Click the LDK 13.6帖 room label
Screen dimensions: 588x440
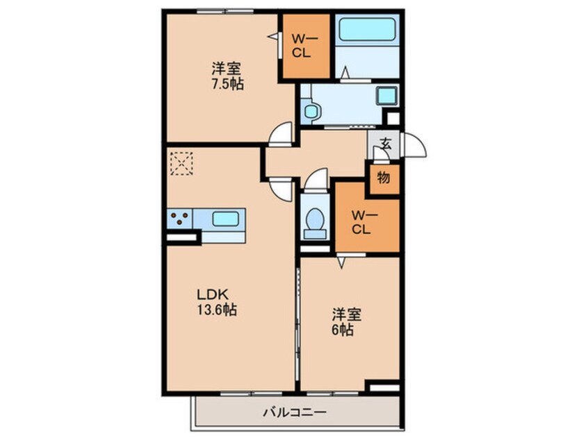click(217, 302)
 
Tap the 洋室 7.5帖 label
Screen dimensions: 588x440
click(227, 76)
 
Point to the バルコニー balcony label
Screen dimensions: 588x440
click(295, 412)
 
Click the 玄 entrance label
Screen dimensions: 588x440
click(385, 143)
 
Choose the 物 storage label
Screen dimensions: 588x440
click(384, 178)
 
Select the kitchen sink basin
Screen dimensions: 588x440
click(226, 219)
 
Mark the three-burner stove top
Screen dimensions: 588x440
click(179, 219)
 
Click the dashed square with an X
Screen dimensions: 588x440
click(181, 163)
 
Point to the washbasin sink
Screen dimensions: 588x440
click(311, 111)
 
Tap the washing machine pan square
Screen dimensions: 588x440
click(386, 96)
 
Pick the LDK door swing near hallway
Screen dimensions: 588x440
click(281, 190)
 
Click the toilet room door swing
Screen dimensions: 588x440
click(316, 180)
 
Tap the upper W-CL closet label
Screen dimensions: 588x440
click(304, 45)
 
